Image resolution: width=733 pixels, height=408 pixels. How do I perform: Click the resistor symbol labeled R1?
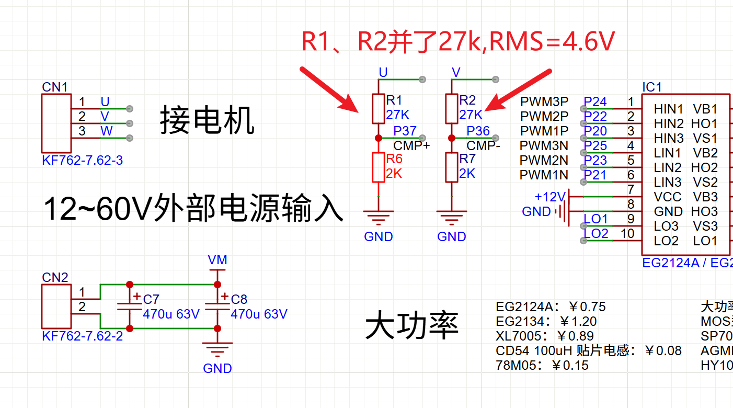tap(379, 109)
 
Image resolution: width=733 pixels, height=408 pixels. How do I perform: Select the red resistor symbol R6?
tap(379, 167)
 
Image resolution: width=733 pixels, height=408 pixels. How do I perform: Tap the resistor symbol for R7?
tap(452, 167)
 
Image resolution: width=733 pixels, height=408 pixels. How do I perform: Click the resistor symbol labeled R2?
tap(452, 109)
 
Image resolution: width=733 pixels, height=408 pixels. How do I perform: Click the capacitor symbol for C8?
tap(217, 307)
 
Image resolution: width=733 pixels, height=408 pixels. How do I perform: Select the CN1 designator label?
tap(55, 87)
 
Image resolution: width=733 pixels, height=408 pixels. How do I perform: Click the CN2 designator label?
tap(55, 278)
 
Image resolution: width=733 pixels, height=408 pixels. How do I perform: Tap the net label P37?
tap(405, 131)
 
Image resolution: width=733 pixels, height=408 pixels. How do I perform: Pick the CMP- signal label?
tap(483, 146)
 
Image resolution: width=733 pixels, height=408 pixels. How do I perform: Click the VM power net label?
tap(217, 260)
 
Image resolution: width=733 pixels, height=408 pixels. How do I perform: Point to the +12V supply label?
tap(550, 197)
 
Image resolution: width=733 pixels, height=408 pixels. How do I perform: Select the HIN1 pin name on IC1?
tap(668, 109)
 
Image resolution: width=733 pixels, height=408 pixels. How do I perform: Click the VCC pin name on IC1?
tap(667, 197)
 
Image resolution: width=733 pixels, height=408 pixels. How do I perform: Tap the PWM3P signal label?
tap(544, 101)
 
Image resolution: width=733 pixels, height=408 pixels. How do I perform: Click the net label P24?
tap(595, 101)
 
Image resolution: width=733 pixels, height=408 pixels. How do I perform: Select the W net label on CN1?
tap(107, 131)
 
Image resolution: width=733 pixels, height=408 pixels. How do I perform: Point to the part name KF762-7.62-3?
tap(82, 161)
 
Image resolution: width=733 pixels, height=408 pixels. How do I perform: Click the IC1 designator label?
tap(652, 87)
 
